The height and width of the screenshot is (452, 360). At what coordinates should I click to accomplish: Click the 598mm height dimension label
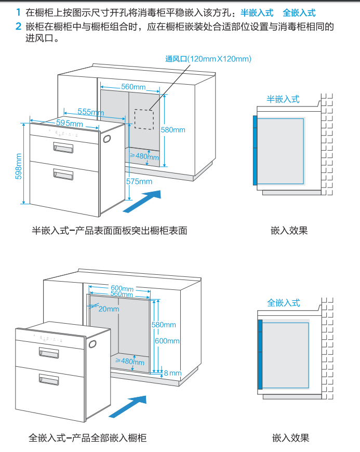pyautogui.click(x=19, y=166)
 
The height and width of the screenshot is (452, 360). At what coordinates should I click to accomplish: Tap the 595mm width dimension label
pyautogui.click(x=69, y=124)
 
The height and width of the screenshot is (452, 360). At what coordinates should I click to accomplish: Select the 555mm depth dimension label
pyautogui.click(x=90, y=112)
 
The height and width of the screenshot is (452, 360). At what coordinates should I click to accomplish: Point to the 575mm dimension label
pyautogui.click(x=139, y=181)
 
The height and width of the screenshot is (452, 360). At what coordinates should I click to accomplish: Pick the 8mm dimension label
pyautogui.click(x=172, y=373)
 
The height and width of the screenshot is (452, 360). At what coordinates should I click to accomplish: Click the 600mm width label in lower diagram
pyautogui.click(x=122, y=288)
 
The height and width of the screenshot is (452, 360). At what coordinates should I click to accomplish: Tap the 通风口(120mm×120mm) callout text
pyautogui.click(x=208, y=59)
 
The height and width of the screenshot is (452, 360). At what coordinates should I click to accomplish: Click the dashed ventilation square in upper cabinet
pyautogui.click(x=144, y=119)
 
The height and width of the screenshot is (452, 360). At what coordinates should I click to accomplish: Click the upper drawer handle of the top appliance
pyautogui.click(x=63, y=149)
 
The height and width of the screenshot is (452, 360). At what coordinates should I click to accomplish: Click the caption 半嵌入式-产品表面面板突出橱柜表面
pyautogui.click(x=110, y=230)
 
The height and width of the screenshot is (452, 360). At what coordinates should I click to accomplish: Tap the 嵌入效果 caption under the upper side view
pyautogui.click(x=289, y=230)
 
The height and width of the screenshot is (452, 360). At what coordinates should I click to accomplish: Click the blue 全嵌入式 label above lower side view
pyautogui.click(x=284, y=302)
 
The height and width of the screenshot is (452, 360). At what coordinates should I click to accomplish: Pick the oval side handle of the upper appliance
pyautogui.click(x=108, y=139)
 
